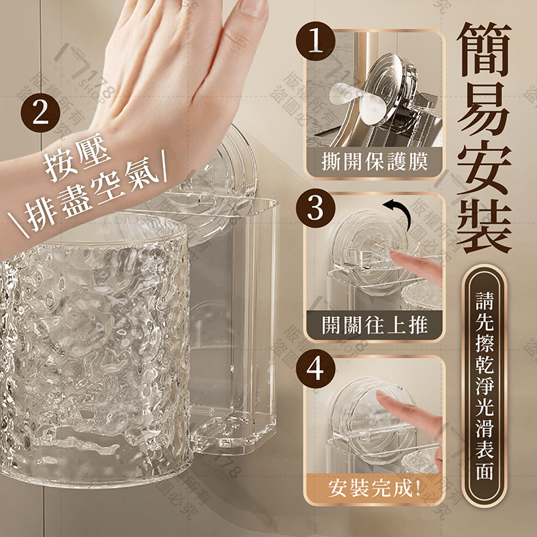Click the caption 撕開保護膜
pos(375,161)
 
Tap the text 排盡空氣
pos(101,199)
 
